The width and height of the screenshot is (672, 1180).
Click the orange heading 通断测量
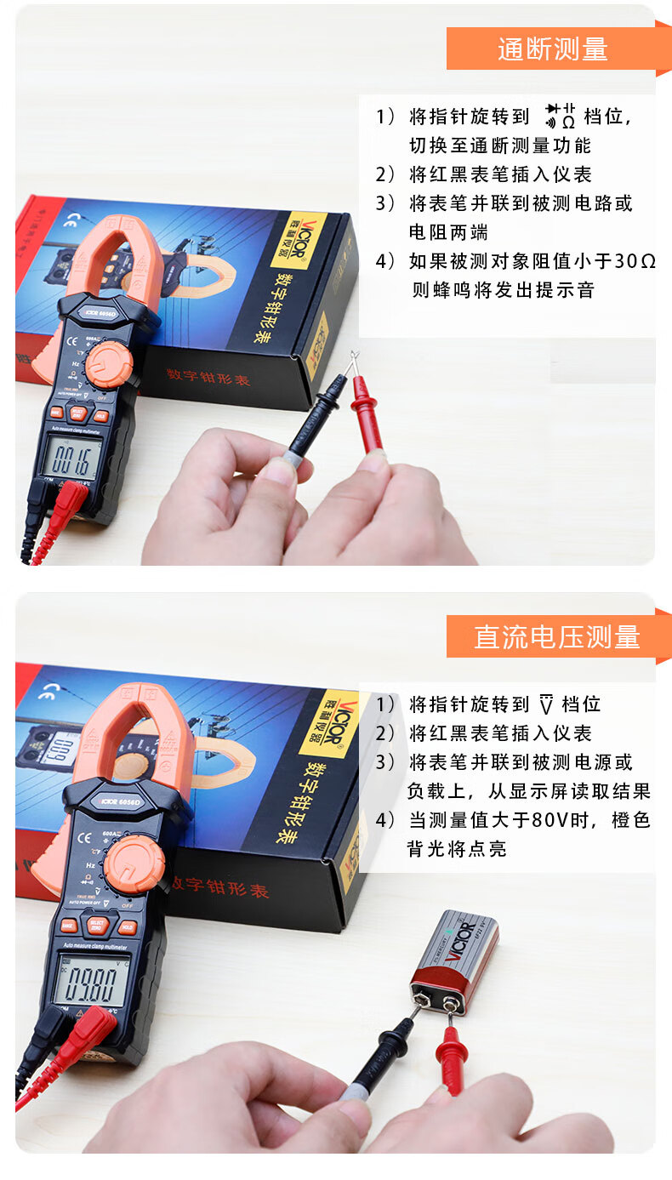[552, 49]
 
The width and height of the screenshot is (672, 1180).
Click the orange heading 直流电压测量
[556, 636]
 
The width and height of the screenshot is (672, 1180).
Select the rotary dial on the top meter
[108, 365]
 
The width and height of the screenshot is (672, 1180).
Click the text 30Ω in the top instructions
[635, 261]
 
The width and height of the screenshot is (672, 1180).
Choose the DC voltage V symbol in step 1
[546, 704]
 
